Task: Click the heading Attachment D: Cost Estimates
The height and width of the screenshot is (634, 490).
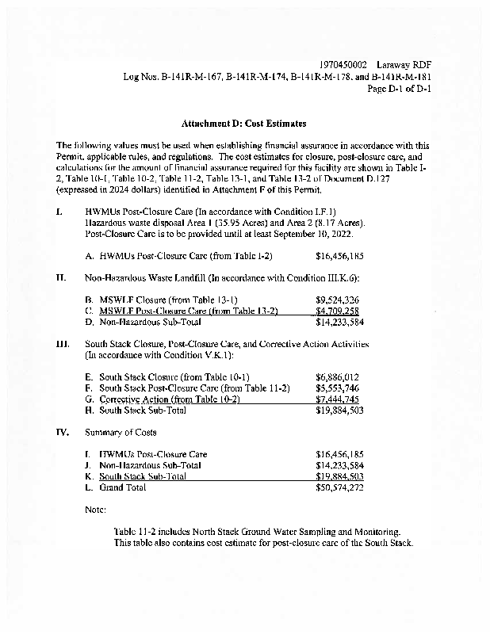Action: (x=243, y=124)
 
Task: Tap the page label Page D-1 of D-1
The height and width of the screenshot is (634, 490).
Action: (x=400, y=89)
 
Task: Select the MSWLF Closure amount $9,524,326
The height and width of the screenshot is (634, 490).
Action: (x=339, y=301)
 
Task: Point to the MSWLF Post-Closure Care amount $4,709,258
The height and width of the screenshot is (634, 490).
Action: (x=339, y=311)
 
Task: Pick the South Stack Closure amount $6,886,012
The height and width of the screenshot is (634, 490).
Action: (x=339, y=377)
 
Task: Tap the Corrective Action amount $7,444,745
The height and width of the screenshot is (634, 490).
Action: (x=339, y=399)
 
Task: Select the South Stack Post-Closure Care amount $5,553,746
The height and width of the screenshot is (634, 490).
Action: (x=339, y=388)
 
